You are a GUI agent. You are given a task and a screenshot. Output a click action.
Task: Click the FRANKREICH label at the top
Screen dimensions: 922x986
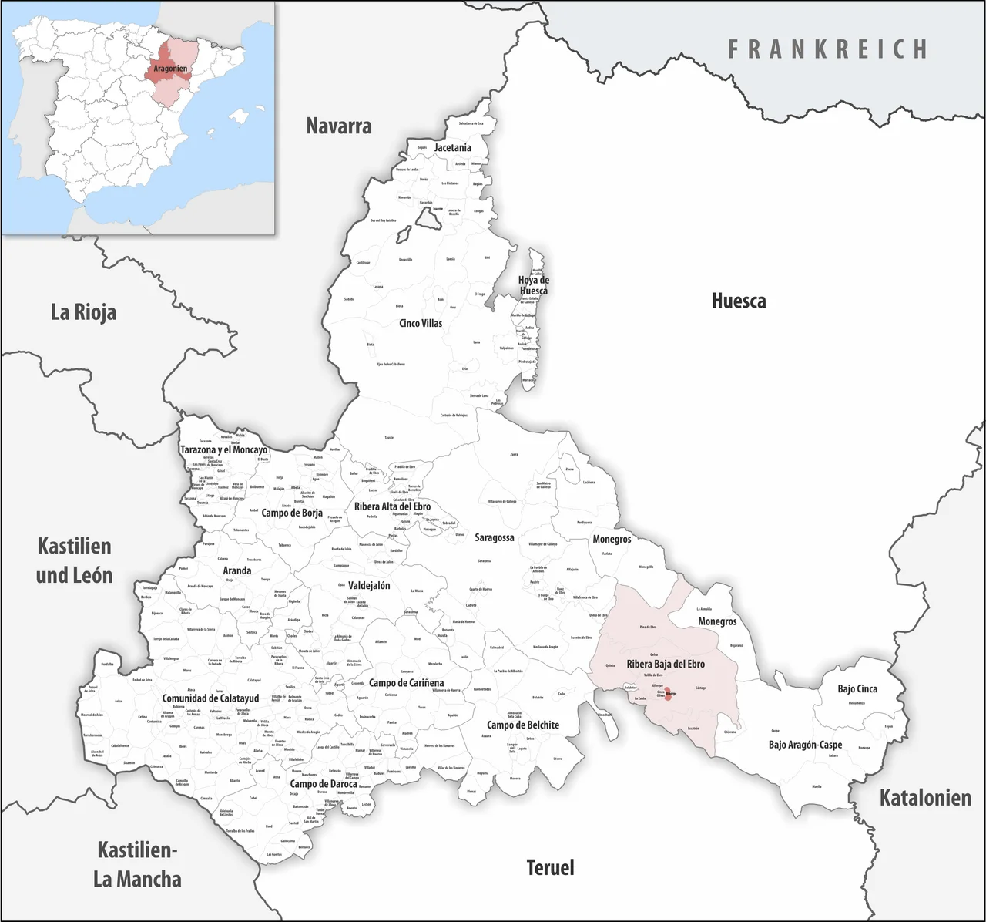click(828, 49)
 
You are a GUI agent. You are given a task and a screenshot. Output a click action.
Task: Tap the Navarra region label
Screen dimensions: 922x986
click(339, 126)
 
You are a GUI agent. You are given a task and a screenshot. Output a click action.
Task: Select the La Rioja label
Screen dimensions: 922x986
click(83, 312)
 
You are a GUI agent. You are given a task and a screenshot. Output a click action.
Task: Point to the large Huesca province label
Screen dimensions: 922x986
click(738, 301)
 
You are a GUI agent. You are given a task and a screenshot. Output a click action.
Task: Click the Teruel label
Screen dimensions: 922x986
click(550, 867)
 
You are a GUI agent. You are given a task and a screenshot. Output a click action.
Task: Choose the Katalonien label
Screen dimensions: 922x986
click(925, 797)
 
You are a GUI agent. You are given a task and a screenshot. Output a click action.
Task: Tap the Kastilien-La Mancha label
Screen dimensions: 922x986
click(137, 864)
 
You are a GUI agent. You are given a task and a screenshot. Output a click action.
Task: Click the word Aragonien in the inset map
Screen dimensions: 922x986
click(170, 69)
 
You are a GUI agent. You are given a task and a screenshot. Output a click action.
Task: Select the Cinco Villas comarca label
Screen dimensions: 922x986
click(421, 323)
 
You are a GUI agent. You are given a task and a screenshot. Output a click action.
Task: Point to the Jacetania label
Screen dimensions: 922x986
click(452, 147)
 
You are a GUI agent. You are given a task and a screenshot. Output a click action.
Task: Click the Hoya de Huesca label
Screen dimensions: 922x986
click(533, 285)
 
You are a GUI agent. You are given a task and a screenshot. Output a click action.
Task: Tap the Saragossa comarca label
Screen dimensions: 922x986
click(494, 537)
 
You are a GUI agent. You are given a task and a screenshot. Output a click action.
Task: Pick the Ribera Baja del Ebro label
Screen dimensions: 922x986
click(666, 664)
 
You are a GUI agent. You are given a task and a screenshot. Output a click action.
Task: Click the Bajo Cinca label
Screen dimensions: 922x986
click(857, 688)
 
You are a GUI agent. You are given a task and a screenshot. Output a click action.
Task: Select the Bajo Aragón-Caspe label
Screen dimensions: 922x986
click(805, 745)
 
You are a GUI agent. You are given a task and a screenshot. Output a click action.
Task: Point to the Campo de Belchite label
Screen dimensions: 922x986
click(523, 725)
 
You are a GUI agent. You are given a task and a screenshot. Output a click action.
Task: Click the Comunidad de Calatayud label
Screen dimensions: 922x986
click(210, 698)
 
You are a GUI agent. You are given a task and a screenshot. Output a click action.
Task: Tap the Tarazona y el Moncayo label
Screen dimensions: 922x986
click(223, 449)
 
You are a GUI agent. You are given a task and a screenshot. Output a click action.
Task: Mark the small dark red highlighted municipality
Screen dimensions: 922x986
click(669, 694)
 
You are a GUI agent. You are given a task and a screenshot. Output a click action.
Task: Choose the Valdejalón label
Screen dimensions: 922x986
click(369, 585)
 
